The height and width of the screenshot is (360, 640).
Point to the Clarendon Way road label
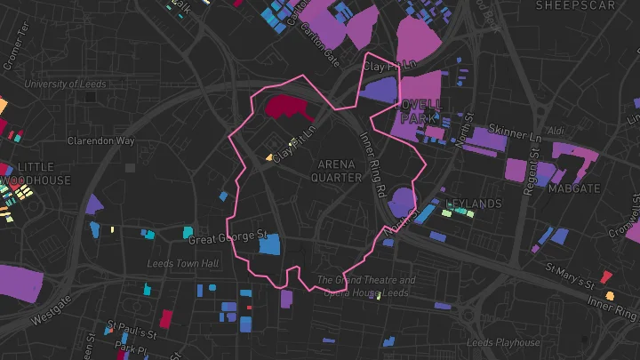(101, 140)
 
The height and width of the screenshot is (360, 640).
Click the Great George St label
(228, 237)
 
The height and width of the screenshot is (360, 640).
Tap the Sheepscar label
(575, 5)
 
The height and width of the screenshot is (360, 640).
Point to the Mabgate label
(573, 188)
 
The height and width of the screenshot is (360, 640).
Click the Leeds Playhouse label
(504, 342)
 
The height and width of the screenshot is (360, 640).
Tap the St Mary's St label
(569, 275)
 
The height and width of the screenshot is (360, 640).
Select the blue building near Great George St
(268, 244)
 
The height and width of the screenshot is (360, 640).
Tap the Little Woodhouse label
(36, 173)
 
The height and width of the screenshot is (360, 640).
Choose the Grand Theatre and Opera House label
(365, 286)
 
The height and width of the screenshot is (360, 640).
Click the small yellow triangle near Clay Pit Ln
(269, 157)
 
